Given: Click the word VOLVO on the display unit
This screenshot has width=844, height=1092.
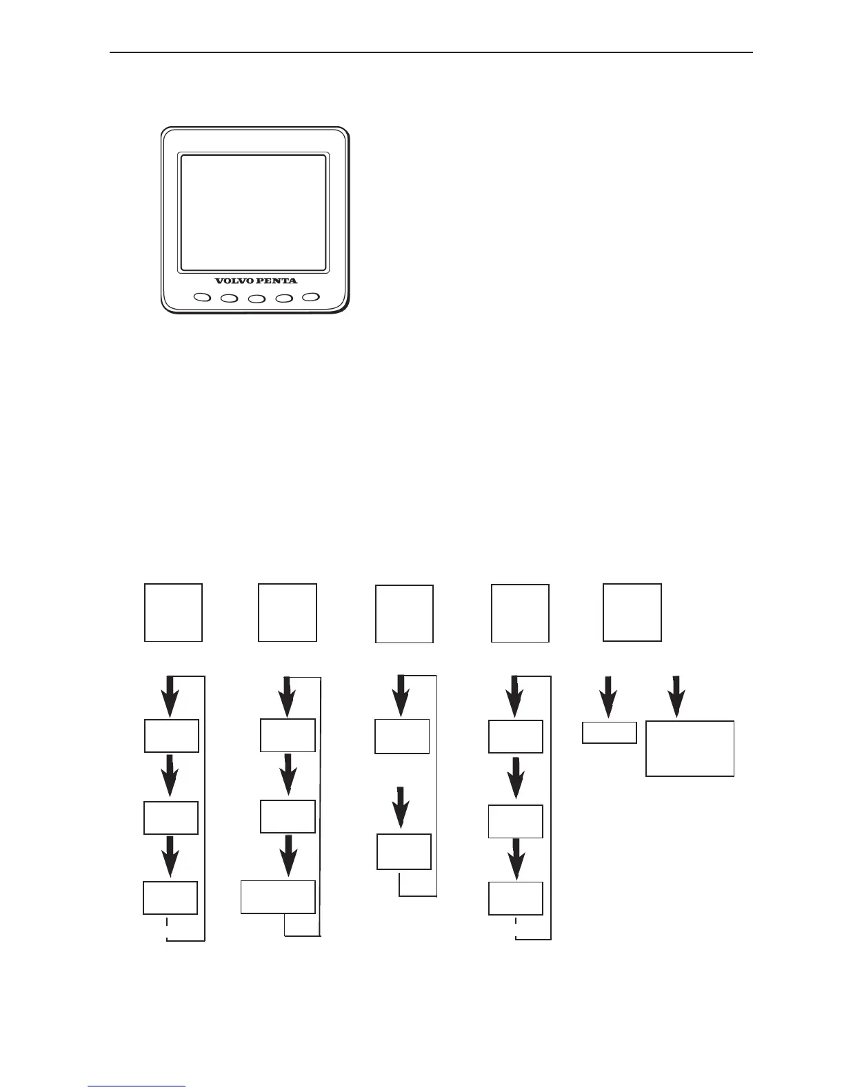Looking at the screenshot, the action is (234, 281).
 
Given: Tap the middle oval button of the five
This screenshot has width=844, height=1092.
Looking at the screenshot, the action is (257, 299).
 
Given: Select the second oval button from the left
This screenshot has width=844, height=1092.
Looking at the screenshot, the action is (229, 299).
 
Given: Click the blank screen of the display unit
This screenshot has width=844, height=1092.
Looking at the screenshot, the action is (253, 212).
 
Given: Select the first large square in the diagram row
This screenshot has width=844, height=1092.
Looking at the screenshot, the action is (173, 612).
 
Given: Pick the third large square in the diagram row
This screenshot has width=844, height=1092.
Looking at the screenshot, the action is (404, 614).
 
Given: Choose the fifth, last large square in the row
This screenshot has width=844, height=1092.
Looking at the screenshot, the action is (632, 612).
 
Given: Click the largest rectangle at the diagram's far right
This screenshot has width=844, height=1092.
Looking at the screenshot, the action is (690, 749).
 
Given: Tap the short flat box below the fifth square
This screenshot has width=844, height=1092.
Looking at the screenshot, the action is (610, 732).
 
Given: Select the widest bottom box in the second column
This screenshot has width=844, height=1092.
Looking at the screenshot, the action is (278, 897).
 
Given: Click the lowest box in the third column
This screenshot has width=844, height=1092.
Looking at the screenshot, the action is (404, 851).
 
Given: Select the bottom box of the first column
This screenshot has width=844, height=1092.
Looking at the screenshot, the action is (170, 898).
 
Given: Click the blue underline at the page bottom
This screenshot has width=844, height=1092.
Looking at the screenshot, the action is (137, 1086).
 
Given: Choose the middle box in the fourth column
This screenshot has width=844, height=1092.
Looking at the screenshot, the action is (515, 820).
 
